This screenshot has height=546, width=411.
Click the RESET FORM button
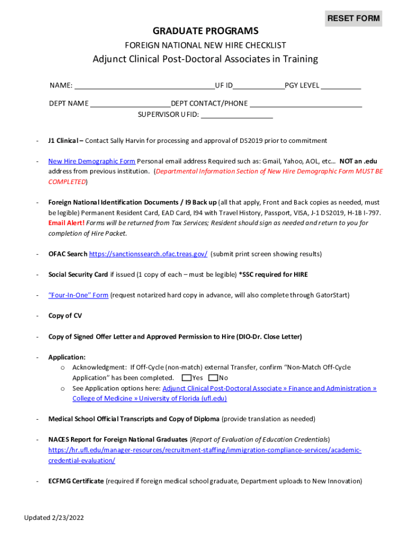pos(353,19)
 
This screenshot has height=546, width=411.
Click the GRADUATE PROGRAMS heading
pos(205,31)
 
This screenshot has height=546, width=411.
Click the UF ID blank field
pos(259,85)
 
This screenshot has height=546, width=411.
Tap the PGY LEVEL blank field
pos(341,85)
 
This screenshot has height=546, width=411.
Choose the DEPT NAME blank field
pos(130,103)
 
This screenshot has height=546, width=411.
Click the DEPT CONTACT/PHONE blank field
pos(306,103)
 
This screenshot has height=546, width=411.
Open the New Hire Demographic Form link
pos(91,161)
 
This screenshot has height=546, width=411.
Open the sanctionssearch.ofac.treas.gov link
pos(148,254)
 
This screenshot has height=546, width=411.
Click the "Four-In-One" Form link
pos(78,295)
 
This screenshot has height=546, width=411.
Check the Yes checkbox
pos(186,378)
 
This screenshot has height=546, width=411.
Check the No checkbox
pos(214,378)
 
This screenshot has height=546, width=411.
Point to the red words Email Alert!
pos(66,223)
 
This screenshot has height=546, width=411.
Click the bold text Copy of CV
pos(65,316)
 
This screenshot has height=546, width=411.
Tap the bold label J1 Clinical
pos(64,141)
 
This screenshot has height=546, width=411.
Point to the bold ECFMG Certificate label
pos(76,481)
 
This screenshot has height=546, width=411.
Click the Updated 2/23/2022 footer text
pos(54,518)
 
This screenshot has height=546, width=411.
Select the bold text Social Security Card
pos(78,275)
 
